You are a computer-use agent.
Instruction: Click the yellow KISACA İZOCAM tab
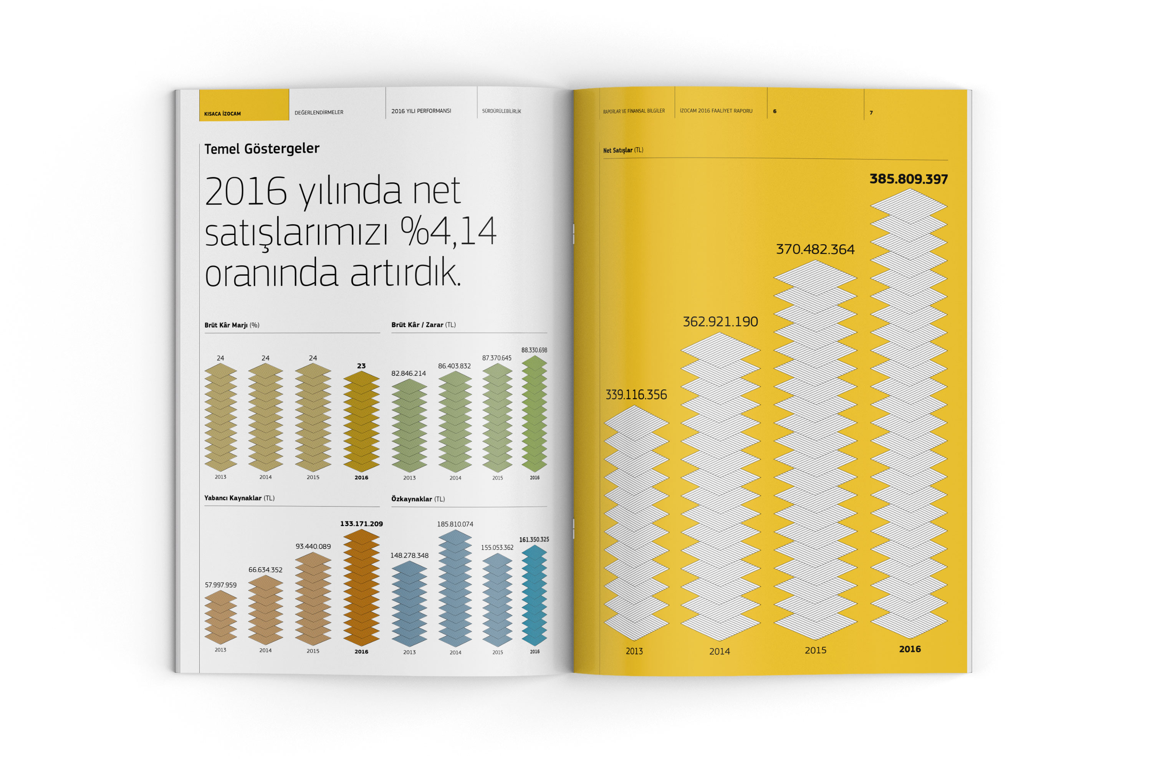(x=243, y=105)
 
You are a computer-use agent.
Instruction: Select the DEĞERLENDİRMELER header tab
(x=319, y=113)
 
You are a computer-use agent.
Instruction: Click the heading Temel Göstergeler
(x=262, y=148)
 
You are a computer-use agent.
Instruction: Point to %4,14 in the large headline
(x=448, y=231)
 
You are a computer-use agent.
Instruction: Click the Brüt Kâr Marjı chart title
(x=232, y=325)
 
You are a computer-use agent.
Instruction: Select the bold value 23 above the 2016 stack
(x=361, y=366)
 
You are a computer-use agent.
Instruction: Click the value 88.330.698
(x=534, y=350)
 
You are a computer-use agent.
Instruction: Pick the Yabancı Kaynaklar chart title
(x=239, y=498)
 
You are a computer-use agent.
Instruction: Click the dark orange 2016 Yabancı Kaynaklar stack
(x=361, y=588)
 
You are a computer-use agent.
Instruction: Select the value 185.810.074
(x=455, y=524)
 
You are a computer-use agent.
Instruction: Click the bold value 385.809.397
(x=909, y=179)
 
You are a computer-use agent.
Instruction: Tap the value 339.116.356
(x=636, y=395)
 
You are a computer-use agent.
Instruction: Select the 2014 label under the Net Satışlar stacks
(x=720, y=651)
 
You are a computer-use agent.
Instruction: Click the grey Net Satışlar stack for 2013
(x=636, y=524)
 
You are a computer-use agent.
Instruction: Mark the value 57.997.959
(x=220, y=585)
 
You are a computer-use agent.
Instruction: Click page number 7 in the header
(x=871, y=113)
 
